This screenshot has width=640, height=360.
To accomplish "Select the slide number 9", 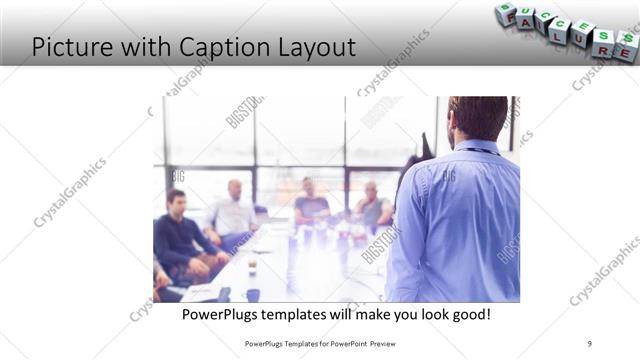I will [589, 343].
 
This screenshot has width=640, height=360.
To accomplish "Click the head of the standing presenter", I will [478, 117].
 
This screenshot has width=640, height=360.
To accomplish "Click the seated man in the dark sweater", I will [178, 235].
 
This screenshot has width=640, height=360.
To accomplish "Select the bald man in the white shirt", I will [234, 210].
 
